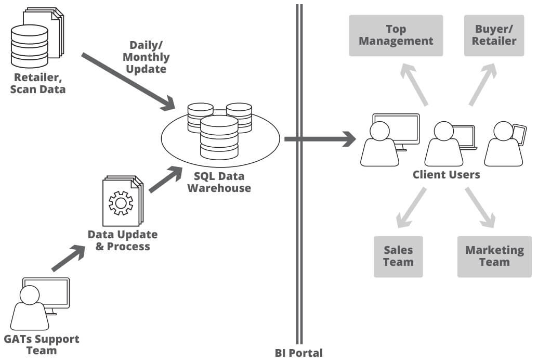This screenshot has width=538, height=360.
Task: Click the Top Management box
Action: [x=396, y=35]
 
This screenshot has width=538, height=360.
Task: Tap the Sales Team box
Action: [x=398, y=256]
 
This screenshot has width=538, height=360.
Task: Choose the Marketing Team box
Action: [x=494, y=256]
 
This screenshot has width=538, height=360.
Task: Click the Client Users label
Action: [x=446, y=175]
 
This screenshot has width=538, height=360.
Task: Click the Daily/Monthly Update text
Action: [x=149, y=57]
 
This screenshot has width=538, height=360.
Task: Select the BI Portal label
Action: [x=299, y=353]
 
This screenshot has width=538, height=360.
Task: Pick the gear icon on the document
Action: [x=121, y=203]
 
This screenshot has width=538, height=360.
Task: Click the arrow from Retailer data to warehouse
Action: [x=127, y=80]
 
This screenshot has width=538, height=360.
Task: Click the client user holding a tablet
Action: [x=503, y=145]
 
